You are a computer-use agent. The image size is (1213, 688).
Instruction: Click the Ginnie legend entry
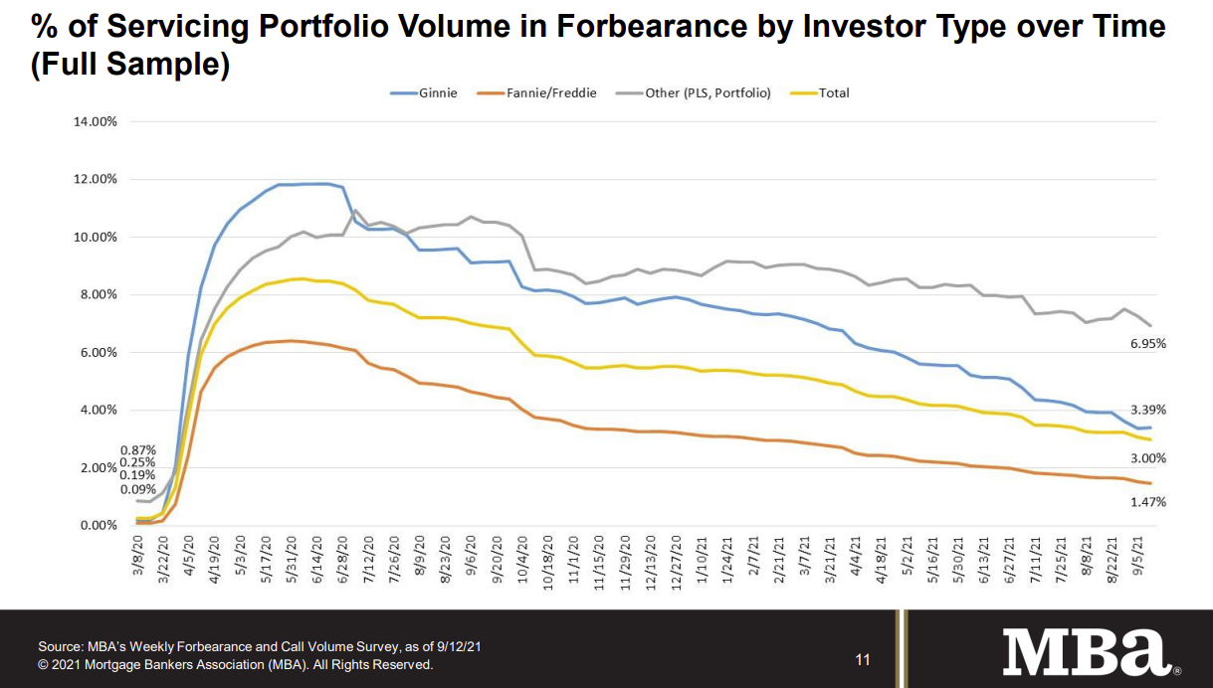coord(424,93)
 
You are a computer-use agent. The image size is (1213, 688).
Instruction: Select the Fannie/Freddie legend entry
coord(536,93)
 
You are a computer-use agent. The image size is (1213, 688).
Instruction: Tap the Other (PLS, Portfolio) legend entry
coord(694,93)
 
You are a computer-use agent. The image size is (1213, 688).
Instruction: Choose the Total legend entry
coord(820,93)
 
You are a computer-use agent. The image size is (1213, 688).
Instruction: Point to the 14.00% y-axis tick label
coord(96,121)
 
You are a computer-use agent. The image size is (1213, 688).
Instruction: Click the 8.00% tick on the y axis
coord(99,294)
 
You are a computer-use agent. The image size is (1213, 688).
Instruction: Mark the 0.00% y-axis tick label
coord(99,525)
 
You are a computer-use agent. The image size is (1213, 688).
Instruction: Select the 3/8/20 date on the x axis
coord(138,556)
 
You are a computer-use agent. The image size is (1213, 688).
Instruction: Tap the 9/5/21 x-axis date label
coord(1138,556)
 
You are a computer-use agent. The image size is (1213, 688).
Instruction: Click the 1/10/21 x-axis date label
coord(703,560)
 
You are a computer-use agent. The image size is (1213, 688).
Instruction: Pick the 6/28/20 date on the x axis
coord(343,560)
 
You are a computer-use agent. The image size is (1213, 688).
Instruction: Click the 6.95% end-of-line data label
coord(1148,343)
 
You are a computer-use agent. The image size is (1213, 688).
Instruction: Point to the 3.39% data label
coord(1148,410)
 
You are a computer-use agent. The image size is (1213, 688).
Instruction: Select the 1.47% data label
coord(1148,502)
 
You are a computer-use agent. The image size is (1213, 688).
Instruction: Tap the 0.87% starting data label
coord(138,450)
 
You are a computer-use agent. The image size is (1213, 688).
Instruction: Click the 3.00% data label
coord(1148,458)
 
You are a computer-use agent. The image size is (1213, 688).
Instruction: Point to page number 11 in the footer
coord(863,660)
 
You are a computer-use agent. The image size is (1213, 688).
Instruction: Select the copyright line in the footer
coord(236,665)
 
